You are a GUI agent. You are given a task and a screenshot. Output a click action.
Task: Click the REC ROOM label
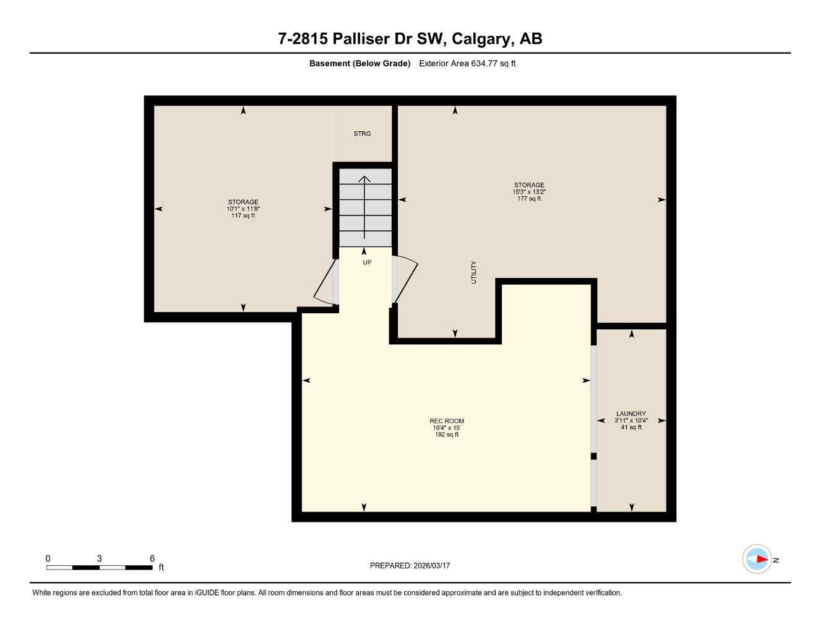(446, 421)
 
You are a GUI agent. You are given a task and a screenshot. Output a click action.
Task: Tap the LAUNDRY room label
(631, 414)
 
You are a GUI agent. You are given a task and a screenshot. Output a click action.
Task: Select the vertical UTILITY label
(474, 272)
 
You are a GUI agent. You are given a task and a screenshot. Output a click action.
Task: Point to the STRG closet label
(362, 134)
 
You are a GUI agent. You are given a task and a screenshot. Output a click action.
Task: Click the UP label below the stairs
(367, 263)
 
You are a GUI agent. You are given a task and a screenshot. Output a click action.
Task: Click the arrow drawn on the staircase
(365, 207)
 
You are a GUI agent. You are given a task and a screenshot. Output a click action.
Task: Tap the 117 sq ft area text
(243, 215)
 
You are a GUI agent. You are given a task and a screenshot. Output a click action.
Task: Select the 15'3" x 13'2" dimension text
(529, 192)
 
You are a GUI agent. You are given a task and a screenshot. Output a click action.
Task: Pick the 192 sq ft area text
(446, 435)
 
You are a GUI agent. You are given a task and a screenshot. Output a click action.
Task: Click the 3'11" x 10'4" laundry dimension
(631, 420)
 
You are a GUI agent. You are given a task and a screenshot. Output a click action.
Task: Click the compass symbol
(757, 559)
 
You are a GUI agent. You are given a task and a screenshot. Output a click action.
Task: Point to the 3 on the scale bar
(99, 558)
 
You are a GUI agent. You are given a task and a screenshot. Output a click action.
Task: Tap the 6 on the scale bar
(152, 558)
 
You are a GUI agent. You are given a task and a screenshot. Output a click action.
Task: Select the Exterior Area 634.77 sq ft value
(467, 63)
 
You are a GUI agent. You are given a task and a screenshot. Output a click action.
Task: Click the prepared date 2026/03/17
(431, 565)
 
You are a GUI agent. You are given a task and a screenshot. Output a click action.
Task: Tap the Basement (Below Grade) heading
(360, 63)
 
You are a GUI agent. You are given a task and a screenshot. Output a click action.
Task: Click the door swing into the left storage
(325, 284)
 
